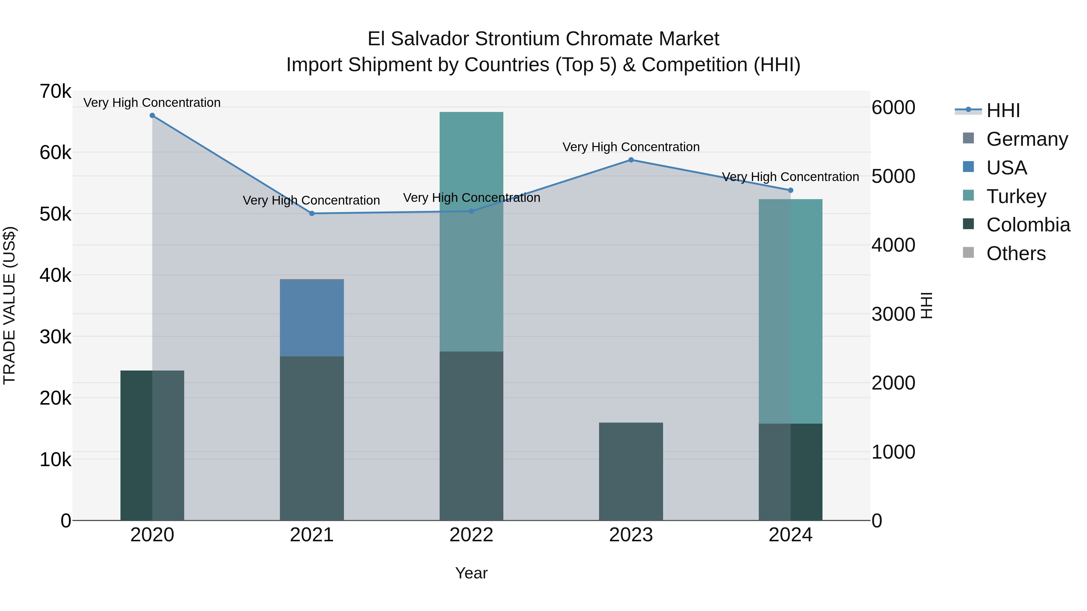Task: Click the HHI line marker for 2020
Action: click(x=152, y=116)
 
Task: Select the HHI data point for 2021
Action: click(x=312, y=213)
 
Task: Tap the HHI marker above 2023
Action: click(x=631, y=160)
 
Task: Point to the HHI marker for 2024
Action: click(x=790, y=190)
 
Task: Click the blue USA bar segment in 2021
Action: click(x=312, y=318)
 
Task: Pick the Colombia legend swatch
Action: click(x=968, y=224)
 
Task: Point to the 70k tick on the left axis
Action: click(x=55, y=91)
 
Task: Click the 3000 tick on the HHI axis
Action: click(x=893, y=314)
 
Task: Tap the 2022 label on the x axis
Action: click(x=471, y=535)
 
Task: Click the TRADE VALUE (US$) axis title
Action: click(x=10, y=305)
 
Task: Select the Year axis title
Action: click(x=471, y=573)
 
